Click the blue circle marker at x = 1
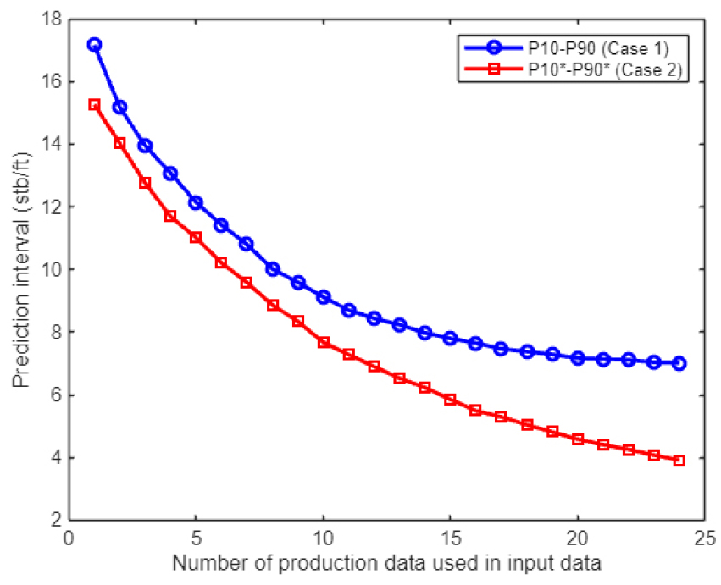pyautogui.click(x=94, y=44)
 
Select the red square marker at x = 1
pyautogui.click(x=94, y=104)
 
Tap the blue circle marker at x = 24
pyautogui.click(x=679, y=363)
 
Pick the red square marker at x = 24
pyautogui.click(x=679, y=461)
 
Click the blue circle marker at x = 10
pyautogui.click(x=323, y=297)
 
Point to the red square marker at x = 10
pyautogui.click(x=323, y=342)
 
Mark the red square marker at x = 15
pyautogui.click(x=450, y=399)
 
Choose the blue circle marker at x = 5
pyautogui.click(x=196, y=202)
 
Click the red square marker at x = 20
pyautogui.click(x=577, y=439)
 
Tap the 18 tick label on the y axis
pyautogui.click(x=53, y=19)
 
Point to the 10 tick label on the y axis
pyautogui.click(x=53, y=270)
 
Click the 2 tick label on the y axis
pyautogui.click(x=57, y=521)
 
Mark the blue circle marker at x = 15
pyautogui.click(x=450, y=339)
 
